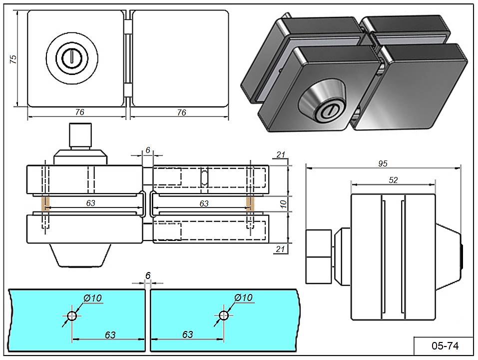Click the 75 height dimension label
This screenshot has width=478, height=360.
click(14, 58)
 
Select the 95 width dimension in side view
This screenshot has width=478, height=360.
click(383, 163)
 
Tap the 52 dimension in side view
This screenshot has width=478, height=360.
click(393, 180)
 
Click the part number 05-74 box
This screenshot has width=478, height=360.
click(444, 345)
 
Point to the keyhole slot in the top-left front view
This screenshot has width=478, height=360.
click(72, 58)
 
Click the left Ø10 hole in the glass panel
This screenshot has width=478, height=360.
click(72, 315)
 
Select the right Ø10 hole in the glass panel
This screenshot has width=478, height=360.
click(223, 315)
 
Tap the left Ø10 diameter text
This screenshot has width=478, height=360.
click(93, 298)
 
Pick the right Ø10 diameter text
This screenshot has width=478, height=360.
click(244, 298)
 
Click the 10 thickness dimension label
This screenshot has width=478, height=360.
click(283, 204)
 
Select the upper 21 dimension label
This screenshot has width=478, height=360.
click(281, 155)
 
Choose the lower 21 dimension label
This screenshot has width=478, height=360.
click(281, 249)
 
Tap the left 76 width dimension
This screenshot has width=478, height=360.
click(79, 112)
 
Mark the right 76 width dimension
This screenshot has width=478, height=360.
click(181, 112)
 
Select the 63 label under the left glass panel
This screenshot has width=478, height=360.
click(110, 334)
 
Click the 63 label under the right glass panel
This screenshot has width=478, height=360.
click(187, 334)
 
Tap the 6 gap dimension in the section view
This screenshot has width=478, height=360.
click(148, 150)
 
